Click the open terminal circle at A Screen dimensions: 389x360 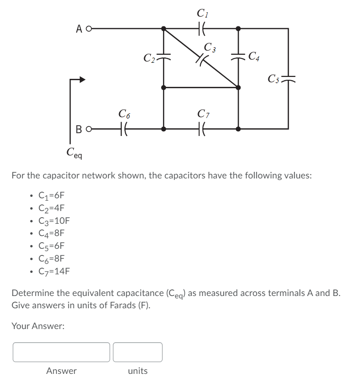(87, 28)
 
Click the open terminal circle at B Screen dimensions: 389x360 (87, 128)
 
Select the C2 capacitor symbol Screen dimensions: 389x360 (163, 57)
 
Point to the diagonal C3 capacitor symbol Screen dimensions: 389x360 (201, 59)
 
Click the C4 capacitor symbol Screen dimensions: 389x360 (238, 57)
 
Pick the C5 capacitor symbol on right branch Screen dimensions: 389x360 (288, 77)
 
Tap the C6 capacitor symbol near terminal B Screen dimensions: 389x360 (124, 128)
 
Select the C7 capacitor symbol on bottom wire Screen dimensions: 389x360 (201, 128)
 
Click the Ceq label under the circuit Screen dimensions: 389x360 (75, 152)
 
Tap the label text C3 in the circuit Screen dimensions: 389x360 (210, 47)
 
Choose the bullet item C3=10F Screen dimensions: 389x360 (53, 220)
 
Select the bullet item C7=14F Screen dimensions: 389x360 (53, 271)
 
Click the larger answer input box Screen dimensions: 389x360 (61, 352)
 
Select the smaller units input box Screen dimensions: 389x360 (137, 352)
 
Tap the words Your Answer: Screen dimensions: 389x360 (38, 326)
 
